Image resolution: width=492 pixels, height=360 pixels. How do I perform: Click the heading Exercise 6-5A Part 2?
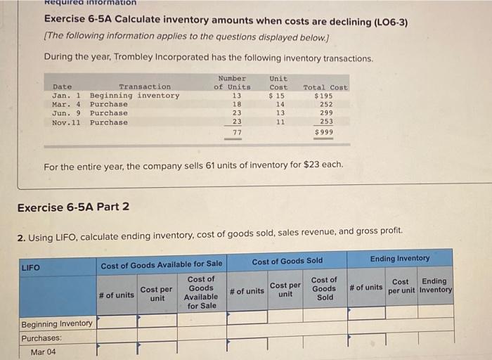click(x=73, y=207)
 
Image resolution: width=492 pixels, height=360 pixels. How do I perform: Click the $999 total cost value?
click(x=324, y=132)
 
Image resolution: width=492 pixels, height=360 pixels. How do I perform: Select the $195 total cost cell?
click(x=324, y=96)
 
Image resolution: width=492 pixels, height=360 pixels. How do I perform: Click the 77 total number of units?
click(x=237, y=132)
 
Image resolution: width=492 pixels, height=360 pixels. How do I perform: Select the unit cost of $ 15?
click(x=278, y=96)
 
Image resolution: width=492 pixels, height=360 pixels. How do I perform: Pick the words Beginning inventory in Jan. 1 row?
click(x=134, y=96)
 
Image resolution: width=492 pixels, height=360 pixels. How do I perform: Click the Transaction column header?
click(x=144, y=86)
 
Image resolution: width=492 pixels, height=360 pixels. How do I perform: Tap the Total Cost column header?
click(x=325, y=87)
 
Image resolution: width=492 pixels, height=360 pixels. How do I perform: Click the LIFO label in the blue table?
click(x=31, y=267)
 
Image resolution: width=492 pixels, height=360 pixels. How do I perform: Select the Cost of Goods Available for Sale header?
click(x=161, y=264)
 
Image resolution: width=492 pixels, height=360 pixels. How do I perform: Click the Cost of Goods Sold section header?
click(x=287, y=261)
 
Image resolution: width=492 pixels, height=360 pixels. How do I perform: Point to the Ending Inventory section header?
click(x=400, y=258)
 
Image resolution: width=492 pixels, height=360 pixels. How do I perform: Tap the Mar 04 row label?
click(x=43, y=352)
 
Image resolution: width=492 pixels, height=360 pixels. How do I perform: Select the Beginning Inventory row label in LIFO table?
click(x=57, y=323)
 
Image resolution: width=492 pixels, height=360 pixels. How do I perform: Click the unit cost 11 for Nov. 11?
click(x=280, y=122)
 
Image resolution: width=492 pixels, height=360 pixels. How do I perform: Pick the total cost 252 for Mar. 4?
click(x=326, y=104)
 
